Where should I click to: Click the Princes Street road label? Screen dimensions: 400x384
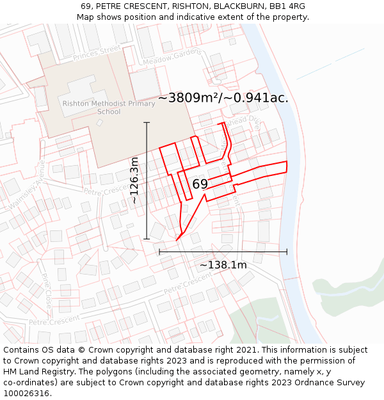tap(97, 52)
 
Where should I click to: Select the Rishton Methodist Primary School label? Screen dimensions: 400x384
tap(109, 108)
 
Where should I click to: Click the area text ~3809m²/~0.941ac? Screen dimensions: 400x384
tap(223, 98)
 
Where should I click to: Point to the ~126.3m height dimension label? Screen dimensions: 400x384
tap(134, 180)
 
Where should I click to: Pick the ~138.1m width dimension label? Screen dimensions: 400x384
tap(223, 264)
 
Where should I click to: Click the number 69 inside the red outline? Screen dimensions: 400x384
tap(200, 184)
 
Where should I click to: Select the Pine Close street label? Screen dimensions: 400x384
tap(46, 291)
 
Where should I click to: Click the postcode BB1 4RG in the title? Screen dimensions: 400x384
tap(287, 6)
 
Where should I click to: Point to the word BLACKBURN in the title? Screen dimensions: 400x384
tap(236, 6)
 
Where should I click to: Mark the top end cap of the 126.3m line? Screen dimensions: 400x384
tap(147, 122)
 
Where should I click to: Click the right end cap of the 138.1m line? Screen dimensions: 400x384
tap(287, 252)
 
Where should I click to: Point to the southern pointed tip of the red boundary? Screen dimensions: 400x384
tap(177, 241)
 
